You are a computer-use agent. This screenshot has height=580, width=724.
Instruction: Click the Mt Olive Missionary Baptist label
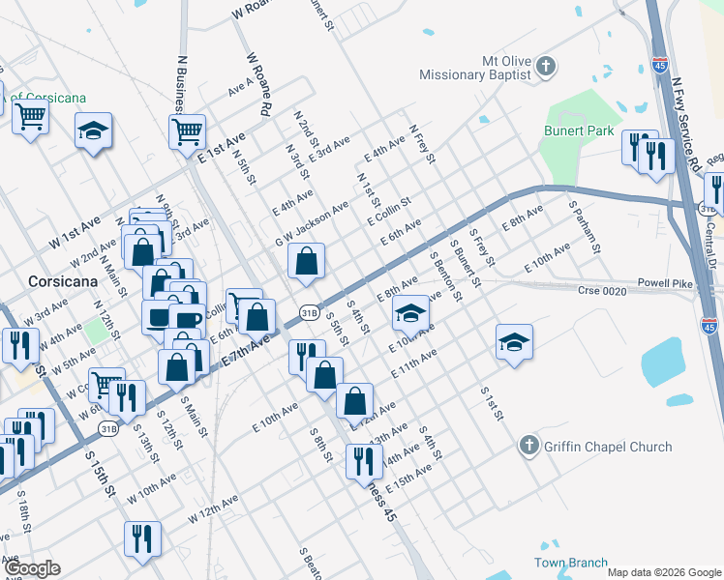475,67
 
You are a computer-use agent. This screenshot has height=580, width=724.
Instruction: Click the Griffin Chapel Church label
609,447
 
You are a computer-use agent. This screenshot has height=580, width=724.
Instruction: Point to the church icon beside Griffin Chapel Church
528,446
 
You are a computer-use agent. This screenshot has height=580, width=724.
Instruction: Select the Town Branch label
571,563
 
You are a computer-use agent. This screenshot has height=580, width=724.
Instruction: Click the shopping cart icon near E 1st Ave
187,130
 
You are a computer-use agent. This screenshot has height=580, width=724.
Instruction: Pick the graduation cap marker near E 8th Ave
410,312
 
